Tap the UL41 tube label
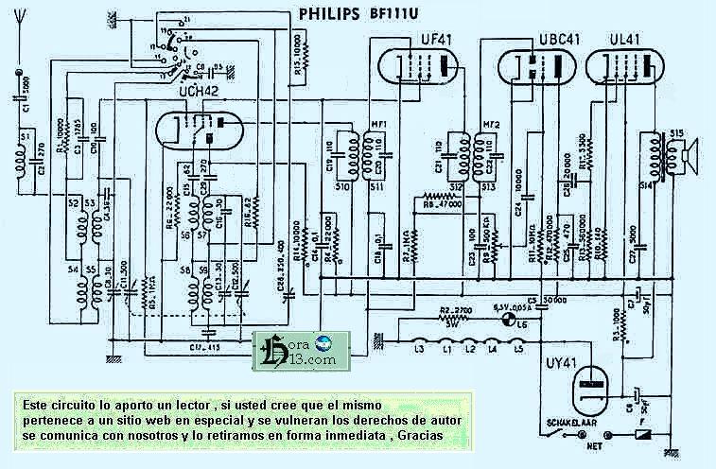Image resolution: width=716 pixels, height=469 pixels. (618, 38)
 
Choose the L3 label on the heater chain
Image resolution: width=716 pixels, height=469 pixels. (416, 352)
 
